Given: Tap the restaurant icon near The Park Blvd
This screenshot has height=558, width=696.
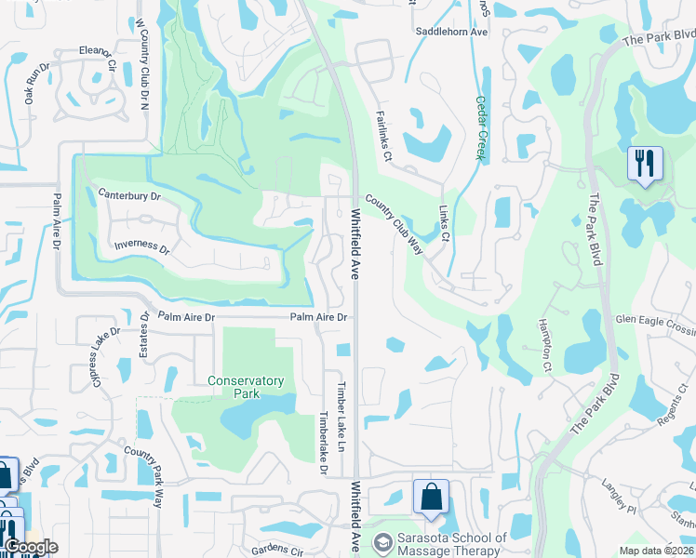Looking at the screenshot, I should pos(644,164).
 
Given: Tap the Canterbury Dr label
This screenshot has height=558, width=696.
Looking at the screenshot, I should pos(129,196).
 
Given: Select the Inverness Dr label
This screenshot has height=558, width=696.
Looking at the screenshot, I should pos(141,248).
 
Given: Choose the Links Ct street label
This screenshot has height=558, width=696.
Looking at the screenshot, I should pos(445,225).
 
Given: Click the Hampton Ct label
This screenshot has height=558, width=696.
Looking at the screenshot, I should pos(545,346).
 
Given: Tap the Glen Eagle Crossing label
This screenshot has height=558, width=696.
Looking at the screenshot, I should pos(655,320).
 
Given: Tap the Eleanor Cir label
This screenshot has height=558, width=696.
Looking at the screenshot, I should pos(97,58).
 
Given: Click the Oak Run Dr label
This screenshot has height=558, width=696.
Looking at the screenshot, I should pos(31,84).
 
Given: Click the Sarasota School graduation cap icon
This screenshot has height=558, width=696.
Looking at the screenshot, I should pos(381,540).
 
